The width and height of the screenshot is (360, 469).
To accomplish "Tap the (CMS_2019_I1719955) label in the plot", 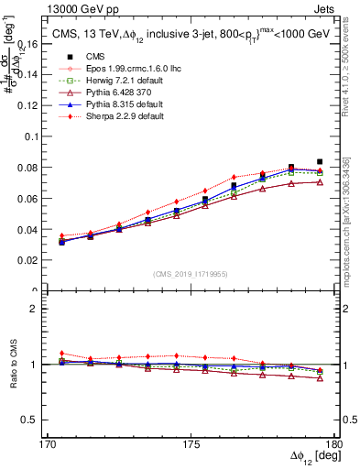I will pos(191,273).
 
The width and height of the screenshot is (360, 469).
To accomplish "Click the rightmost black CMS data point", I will pos(320,161).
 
